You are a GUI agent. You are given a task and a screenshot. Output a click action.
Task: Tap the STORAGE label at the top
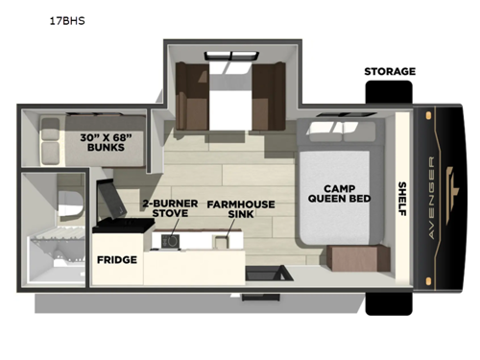(389, 72)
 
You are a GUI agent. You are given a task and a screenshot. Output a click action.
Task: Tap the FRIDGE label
(116, 260)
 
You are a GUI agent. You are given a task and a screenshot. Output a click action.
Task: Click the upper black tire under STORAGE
(388, 94)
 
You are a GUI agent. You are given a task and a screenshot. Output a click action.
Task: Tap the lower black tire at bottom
(388, 300)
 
